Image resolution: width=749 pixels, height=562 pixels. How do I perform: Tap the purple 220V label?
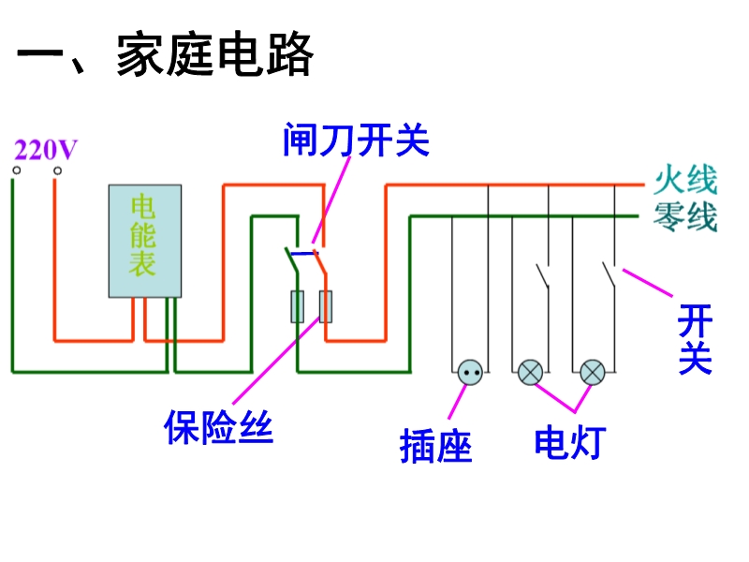pyautogui.click(x=45, y=149)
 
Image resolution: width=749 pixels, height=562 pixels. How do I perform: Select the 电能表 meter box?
pyautogui.click(x=145, y=241)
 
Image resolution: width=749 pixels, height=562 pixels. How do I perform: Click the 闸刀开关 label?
pyautogui.click(x=356, y=140)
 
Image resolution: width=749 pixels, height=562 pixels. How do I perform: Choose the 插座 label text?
pyautogui.click(x=436, y=444)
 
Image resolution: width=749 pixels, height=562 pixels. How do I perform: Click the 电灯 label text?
pyautogui.click(x=570, y=441)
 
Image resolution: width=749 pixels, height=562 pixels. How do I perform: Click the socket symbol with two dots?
pyautogui.click(x=471, y=372)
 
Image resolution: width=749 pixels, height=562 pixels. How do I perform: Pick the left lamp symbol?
pyautogui.click(x=531, y=372)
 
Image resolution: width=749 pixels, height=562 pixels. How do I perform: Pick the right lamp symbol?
pyautogui.click(x=593, y=372)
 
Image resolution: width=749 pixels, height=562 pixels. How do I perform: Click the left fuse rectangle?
pyautogui.click(x=298, y=306)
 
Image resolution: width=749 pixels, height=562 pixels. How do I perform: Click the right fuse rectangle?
pyautogui.click(x=326, y=306)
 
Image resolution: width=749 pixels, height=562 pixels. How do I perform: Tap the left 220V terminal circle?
pyautogui.click(x=15, y=171)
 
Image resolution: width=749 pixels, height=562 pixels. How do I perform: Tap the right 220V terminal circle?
pyautogui.click(x=57, y=171)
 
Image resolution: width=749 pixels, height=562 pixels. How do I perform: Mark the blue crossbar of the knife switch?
pyautogui.click(x=303, y=252)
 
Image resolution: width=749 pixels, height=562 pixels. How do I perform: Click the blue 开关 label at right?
pyautogui.click(x=696, y=339)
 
